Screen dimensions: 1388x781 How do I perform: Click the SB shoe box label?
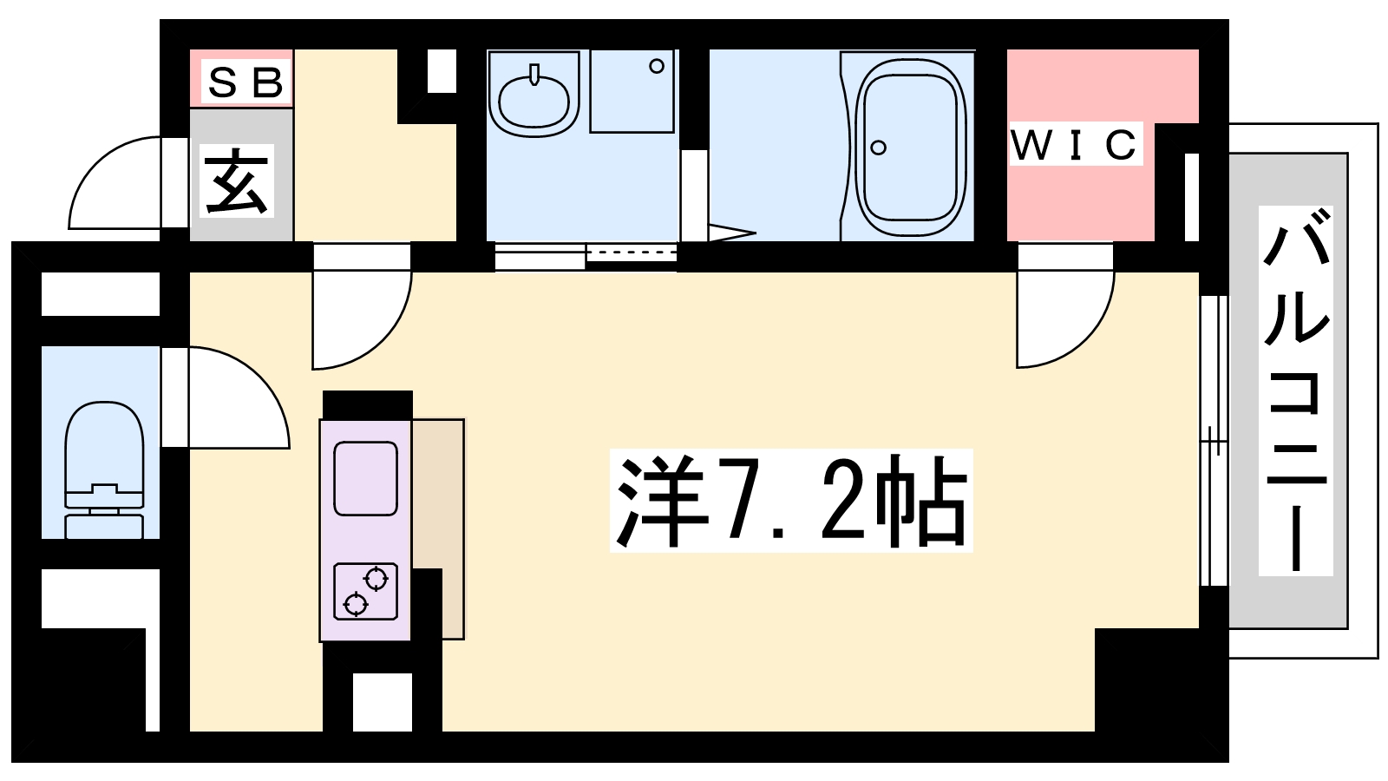click(x=246, y=82)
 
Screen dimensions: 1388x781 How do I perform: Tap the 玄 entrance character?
click(x=237, y=181)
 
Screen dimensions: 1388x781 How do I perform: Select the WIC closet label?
click(x=1075, y=144)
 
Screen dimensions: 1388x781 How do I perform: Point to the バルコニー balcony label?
click(x=1296, y=390)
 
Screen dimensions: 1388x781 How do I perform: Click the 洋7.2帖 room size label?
click(x=791, y=500)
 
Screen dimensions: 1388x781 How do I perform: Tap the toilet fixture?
click(x=104, y=470)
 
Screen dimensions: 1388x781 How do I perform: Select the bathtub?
click(x=910, y=148)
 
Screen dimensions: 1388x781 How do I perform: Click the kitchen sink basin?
click(x=365, y=478)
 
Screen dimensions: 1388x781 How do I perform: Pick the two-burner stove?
click(x=365, y=591)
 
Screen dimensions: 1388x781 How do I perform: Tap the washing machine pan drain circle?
click(x=657, y=66)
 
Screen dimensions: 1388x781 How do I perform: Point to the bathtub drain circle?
click(x=878, y=148)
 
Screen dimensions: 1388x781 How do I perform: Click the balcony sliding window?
click(x=1214, y=441)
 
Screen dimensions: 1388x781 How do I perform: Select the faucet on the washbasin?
click(x=534, y=74)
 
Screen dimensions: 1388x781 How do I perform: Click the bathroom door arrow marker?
click(x=732, y=233)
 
